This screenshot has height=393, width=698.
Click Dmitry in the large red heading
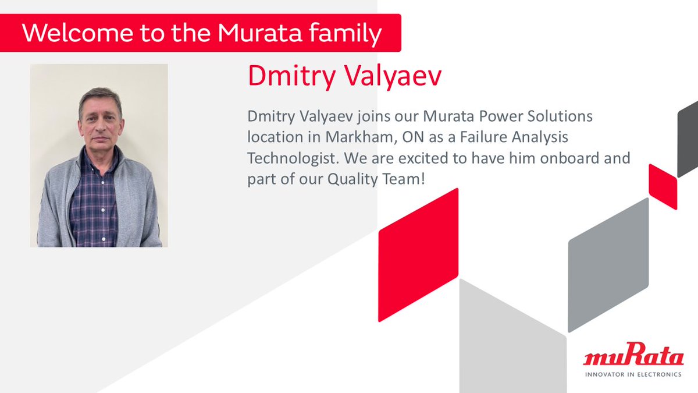pos(284,77)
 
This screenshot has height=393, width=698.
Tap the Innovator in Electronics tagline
pos(632,374)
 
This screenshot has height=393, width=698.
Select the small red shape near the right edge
pos(663,186)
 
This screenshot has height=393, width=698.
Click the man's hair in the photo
pos(99,97)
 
